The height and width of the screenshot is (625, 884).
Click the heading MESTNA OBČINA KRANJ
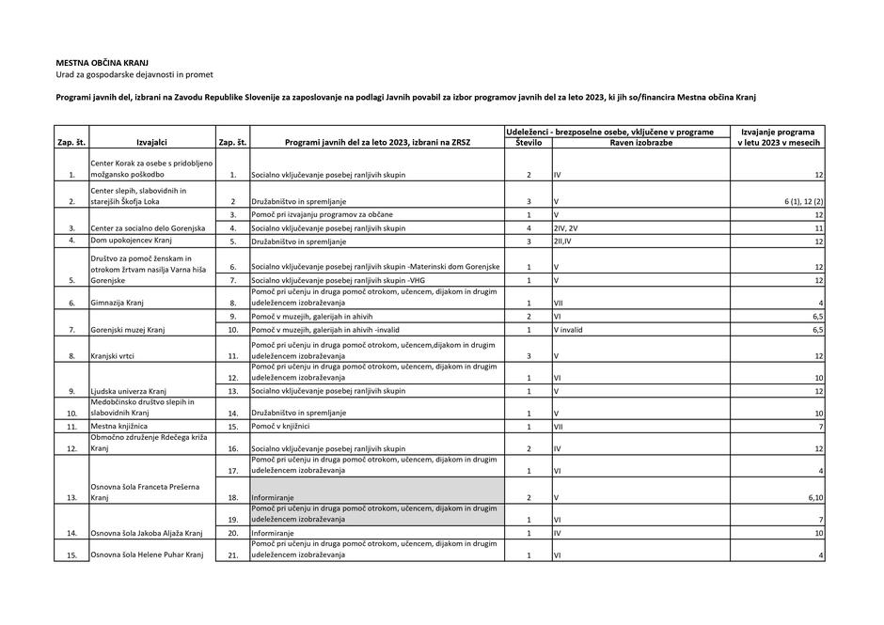[x=103, y=62]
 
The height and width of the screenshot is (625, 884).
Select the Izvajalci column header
[x=151, y=143]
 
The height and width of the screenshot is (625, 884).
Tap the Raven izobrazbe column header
[x=640, y=143]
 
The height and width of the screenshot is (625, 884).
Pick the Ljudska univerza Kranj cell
[x=129, y=391]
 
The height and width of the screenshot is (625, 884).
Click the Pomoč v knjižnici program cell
[x=281, y=427]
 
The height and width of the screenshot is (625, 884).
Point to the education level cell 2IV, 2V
[x=568, y=227]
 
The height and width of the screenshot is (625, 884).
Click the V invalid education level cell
[x=569, y=330]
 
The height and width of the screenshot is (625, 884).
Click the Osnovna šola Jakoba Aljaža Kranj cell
[x=147, y=533]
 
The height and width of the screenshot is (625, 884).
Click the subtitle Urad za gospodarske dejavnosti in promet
[x=134, y=74]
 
